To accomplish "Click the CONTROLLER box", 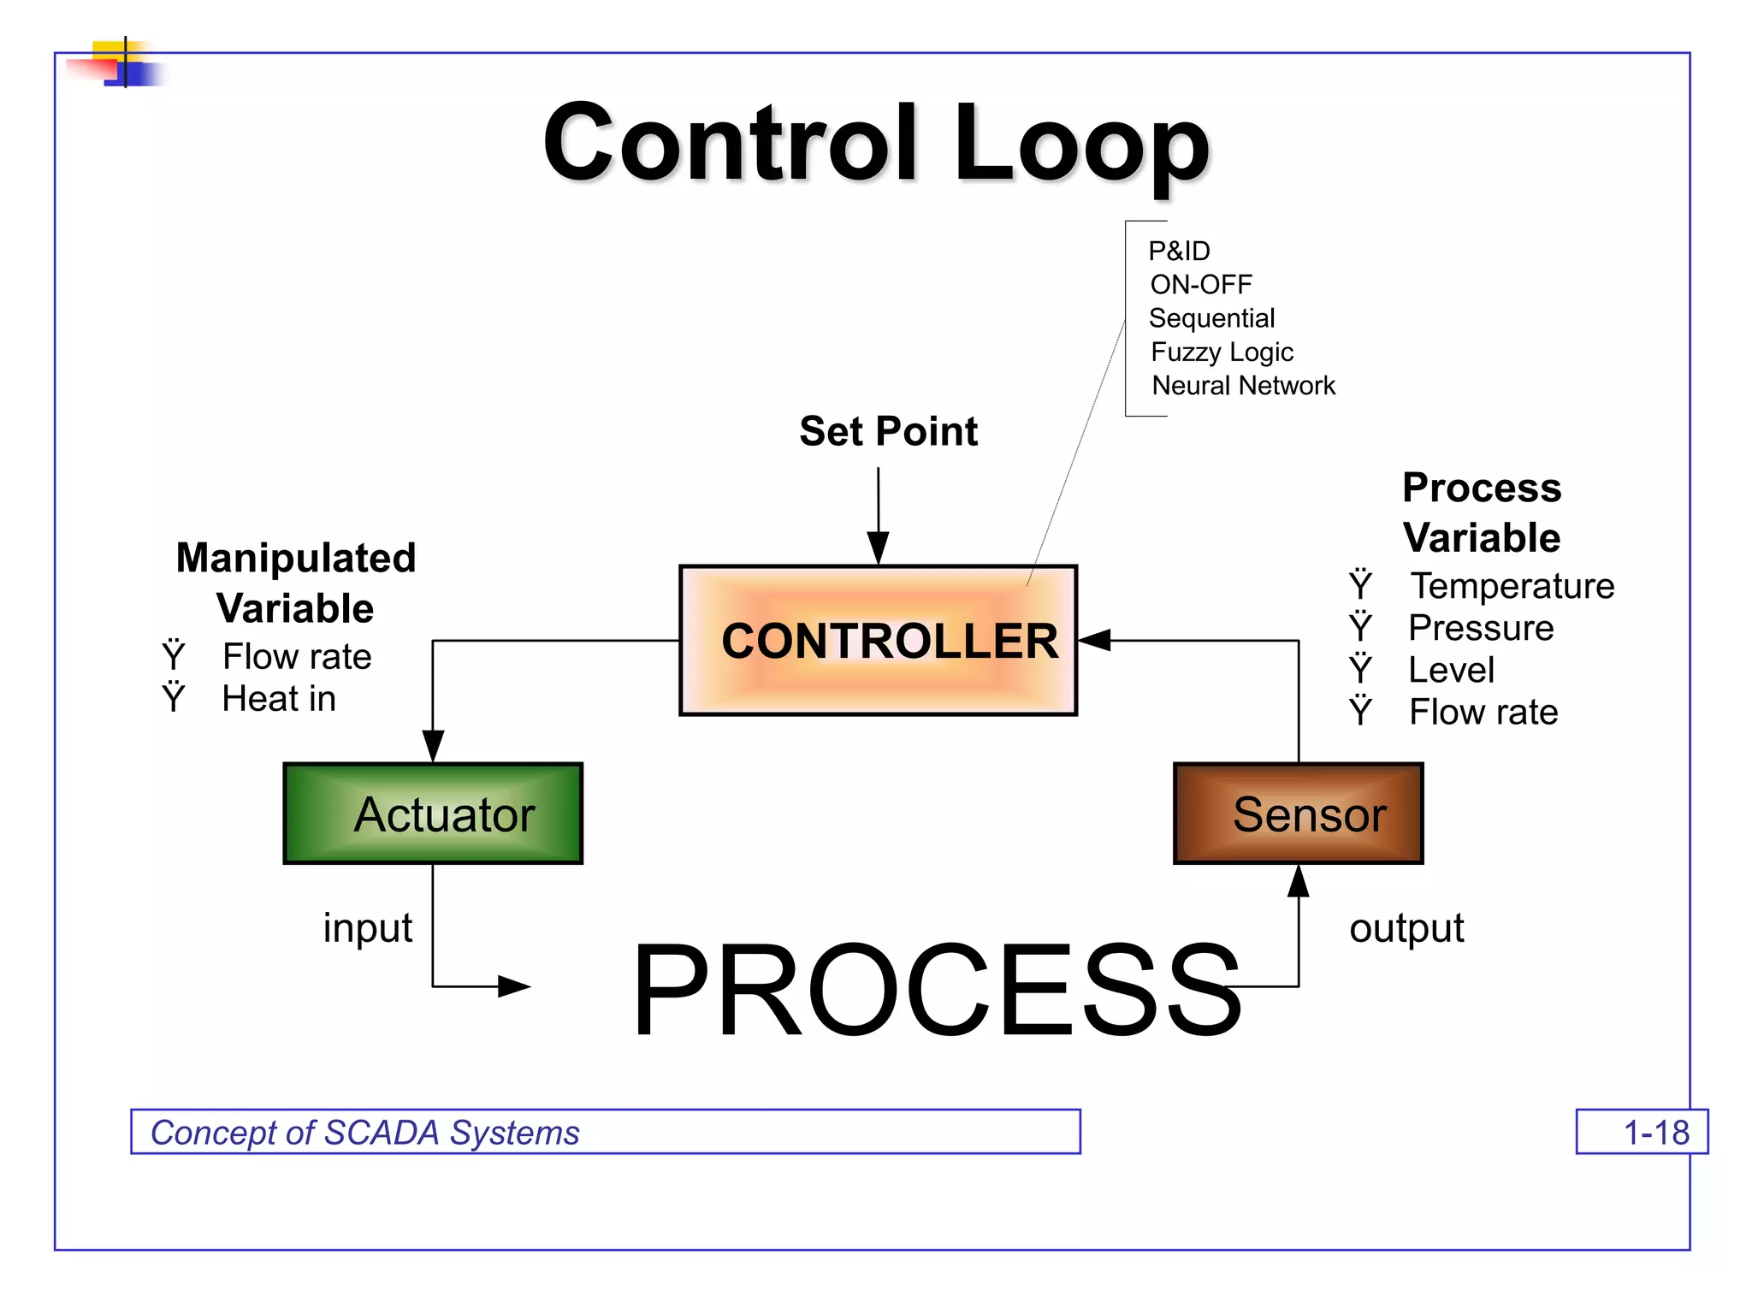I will [878, 640].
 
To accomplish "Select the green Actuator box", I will [433, 814].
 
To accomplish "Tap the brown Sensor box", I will [1298, 814].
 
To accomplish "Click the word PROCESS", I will [936, 990].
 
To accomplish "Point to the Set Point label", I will [888, 431].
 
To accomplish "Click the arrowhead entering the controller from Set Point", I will [878, 547].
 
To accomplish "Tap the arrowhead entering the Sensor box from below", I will [1298, 881].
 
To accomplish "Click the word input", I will [367, 928].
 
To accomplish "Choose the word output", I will [1406, 928].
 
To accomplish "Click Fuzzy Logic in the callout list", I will [1222, 352].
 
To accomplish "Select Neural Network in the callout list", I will [1243, 386].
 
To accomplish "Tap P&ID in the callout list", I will [1179, 252].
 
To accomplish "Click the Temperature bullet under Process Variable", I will [1512, 586].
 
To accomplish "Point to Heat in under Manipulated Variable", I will [279, 699].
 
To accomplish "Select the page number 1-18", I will [1655, 1133].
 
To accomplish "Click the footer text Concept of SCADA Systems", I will [365, 1133].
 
